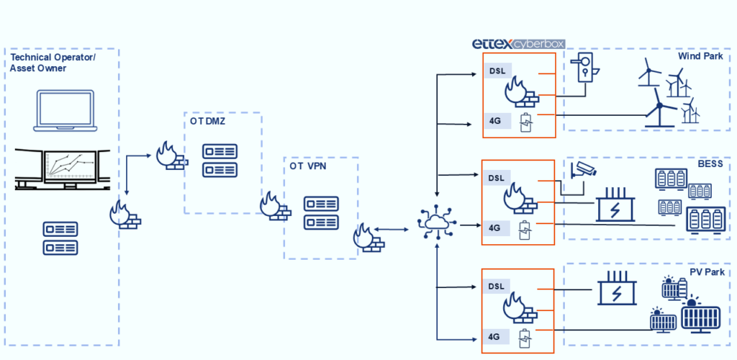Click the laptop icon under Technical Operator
[66, 112]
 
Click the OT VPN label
[307, 167]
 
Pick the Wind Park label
[700, 56]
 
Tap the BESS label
[710, 164]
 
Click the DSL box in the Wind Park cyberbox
[497, 71]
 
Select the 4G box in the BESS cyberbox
[494, 228]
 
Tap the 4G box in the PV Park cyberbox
[494, 336]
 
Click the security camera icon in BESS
[582, 170]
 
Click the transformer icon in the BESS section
[615, 204]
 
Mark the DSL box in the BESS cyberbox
[497, 179]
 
